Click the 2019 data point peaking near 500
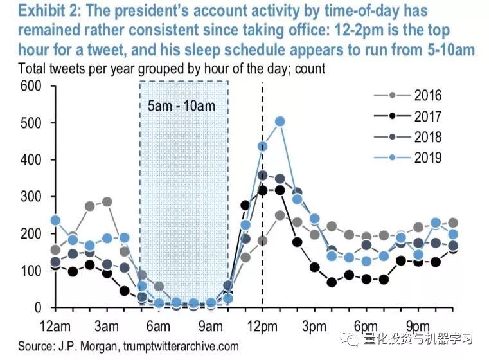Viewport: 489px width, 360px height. tap(280, 122)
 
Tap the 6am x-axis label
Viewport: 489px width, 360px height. tap(158, 323)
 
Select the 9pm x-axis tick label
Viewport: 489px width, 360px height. tap(418, 323)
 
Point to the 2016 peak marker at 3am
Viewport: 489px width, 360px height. tap(107, 202)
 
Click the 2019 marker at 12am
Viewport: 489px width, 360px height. tap(55, 220)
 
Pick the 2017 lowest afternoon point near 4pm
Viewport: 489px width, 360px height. tap(332, 282)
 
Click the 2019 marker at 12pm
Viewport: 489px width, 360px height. tap(262, 146)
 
